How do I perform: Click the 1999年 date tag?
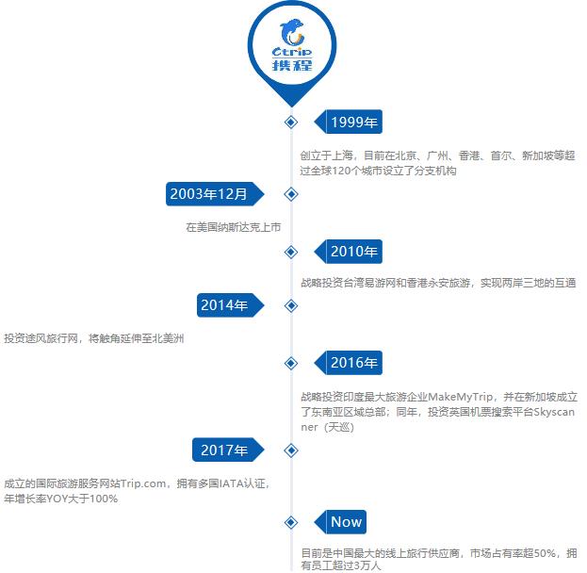coord(349,122)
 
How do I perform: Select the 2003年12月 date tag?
coord(215,194)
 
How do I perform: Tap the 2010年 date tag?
coord(349,252)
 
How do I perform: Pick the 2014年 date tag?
coord(231,305)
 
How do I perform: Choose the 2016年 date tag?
coord(349,363)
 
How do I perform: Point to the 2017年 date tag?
coord(228,450)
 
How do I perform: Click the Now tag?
coord(340,522)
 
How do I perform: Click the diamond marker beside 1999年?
coord(291,123)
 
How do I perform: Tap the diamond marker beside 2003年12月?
coord(291,194)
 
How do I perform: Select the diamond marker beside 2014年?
coord(291,306)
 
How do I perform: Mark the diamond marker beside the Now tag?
coord(291,522)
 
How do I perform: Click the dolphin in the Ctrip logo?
coord(292,33)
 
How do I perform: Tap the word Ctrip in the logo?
coord(292,52)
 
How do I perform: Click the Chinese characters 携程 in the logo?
coord(292,65)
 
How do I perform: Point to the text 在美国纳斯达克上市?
coord(234,227)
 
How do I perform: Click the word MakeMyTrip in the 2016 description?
coord(461,397)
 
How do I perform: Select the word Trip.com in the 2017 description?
coord(143,483)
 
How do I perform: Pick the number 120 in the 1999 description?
coord(341,171)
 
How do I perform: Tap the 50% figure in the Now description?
coord(545,553)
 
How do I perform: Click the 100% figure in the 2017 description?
coord(104,499)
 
